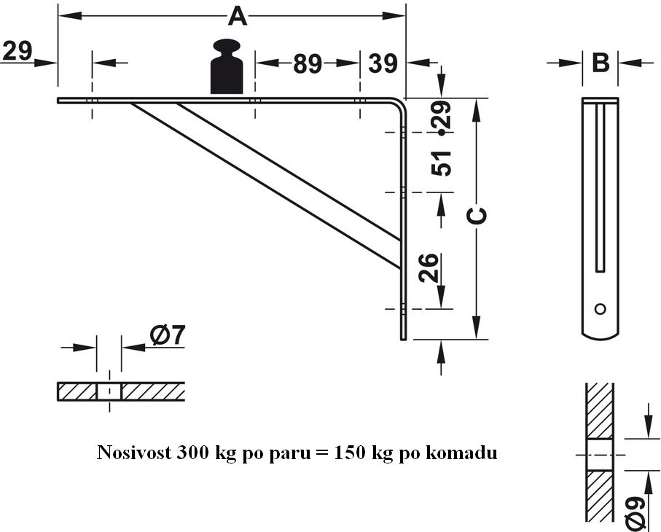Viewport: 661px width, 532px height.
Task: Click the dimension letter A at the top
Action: [238, 15]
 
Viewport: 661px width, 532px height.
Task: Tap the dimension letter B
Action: [601, 63]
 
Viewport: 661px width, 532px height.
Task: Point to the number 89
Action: [308, 65]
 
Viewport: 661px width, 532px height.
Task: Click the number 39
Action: [383, 64]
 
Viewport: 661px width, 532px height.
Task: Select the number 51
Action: [442, 163]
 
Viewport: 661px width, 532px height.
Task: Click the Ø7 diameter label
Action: [168, 335]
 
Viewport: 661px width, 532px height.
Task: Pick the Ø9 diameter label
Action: [635, 511]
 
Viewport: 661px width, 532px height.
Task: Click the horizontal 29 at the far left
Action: [17, 51]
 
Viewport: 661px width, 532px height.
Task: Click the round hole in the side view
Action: [600, 308]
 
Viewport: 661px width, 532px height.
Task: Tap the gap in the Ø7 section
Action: [109, 392]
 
